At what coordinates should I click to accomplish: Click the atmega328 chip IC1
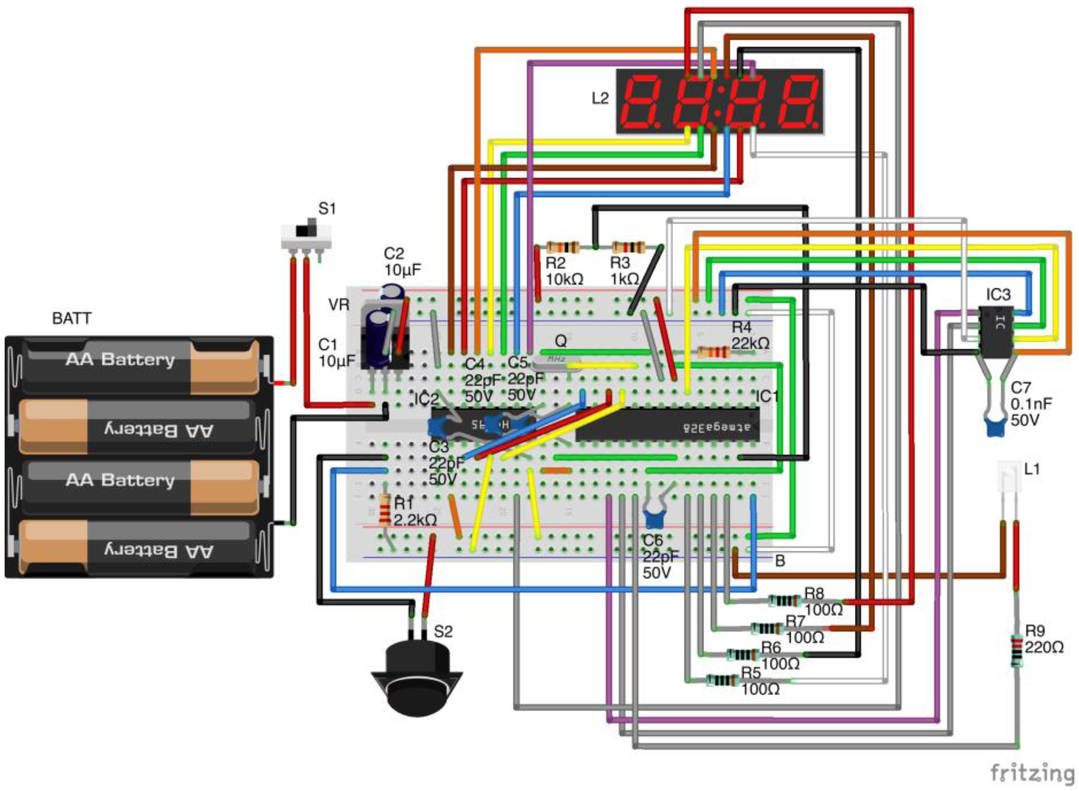click(667, 425)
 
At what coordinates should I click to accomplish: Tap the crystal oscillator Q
click(557, 360)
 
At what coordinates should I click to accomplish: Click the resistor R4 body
click(713, 352)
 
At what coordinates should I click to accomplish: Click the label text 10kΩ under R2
click(564, 279)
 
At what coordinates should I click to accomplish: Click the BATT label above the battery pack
click(72, 318)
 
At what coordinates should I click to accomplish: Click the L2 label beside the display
click(600, 98)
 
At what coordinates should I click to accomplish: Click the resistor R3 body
click(626, 248)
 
